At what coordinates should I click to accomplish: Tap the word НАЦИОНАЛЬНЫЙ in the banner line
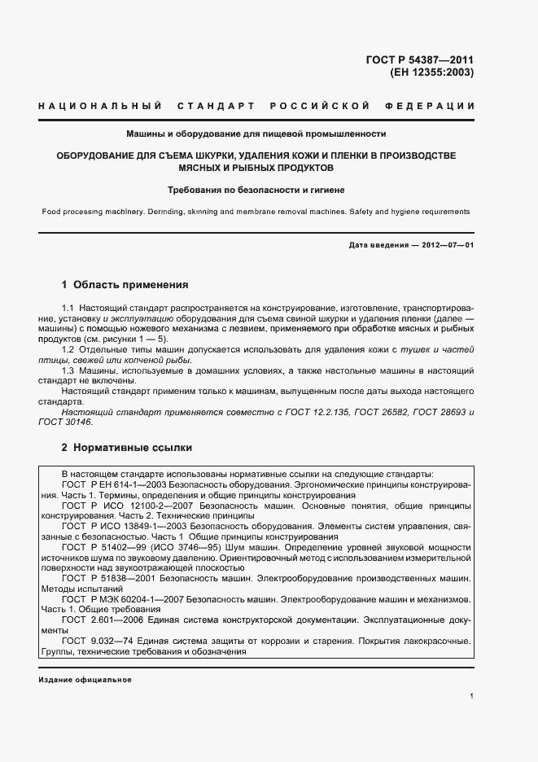click(x=92, y=107)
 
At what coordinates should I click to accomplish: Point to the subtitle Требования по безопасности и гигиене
click(x=256, y=190)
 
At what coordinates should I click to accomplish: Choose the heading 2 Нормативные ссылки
click(x=127, y=448)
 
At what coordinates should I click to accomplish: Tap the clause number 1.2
click(x=68, y=350)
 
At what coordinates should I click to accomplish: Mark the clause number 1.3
click(x=68, y=371)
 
